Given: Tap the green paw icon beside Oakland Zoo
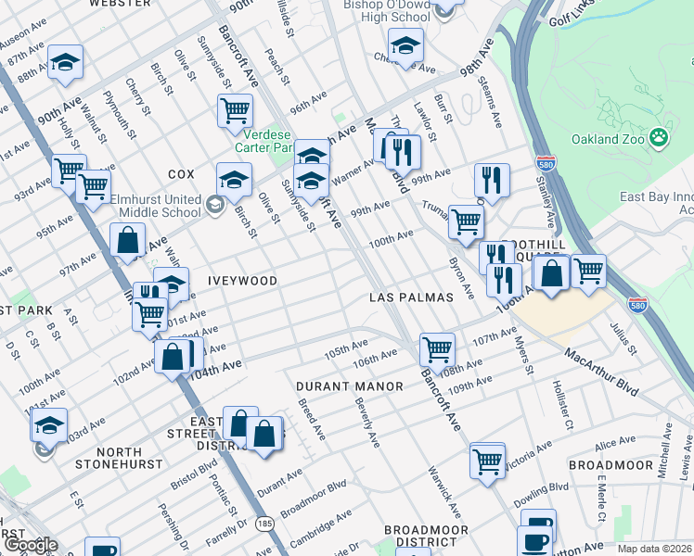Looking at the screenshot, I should click(x=659, y=139).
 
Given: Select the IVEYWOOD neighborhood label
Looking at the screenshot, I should click(x=236, y=280).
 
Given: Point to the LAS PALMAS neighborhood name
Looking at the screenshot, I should click(x=411, y=297).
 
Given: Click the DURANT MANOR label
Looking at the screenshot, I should click(x=350, y=385).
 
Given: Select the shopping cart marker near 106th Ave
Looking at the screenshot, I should click(x=437, y=349).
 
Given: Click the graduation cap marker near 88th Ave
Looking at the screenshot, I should click(x=65, y=60).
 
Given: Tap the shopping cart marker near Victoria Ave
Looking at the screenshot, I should click(x=487, y=460).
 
